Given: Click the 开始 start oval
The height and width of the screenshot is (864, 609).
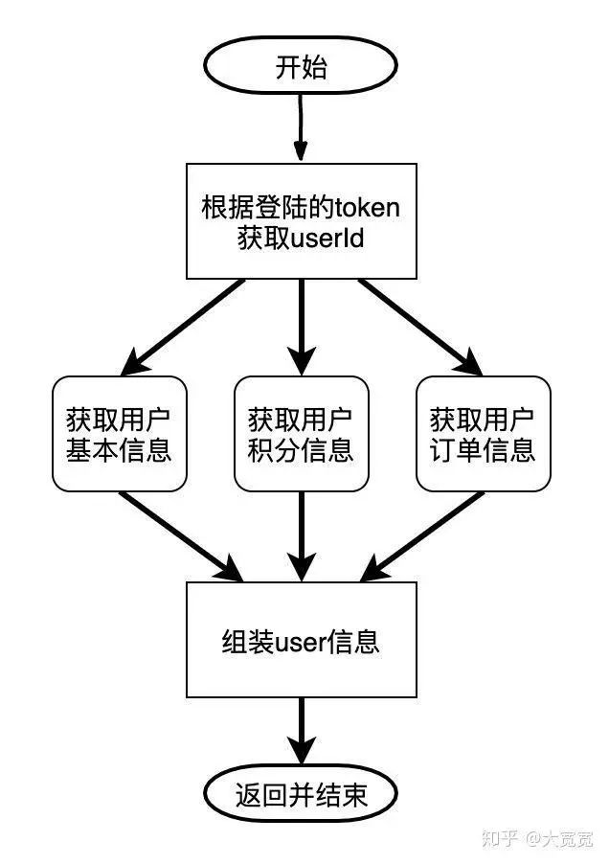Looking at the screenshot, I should [302, 67].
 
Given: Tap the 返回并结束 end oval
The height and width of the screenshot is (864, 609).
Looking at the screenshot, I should [302, 795].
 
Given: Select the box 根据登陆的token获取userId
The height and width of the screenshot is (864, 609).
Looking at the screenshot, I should [302, 221].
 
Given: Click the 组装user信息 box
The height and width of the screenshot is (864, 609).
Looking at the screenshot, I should [302, 639].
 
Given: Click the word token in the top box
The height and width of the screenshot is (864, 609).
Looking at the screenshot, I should [366, 207].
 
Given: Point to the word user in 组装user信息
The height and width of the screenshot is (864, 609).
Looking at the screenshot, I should [301, 640].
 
